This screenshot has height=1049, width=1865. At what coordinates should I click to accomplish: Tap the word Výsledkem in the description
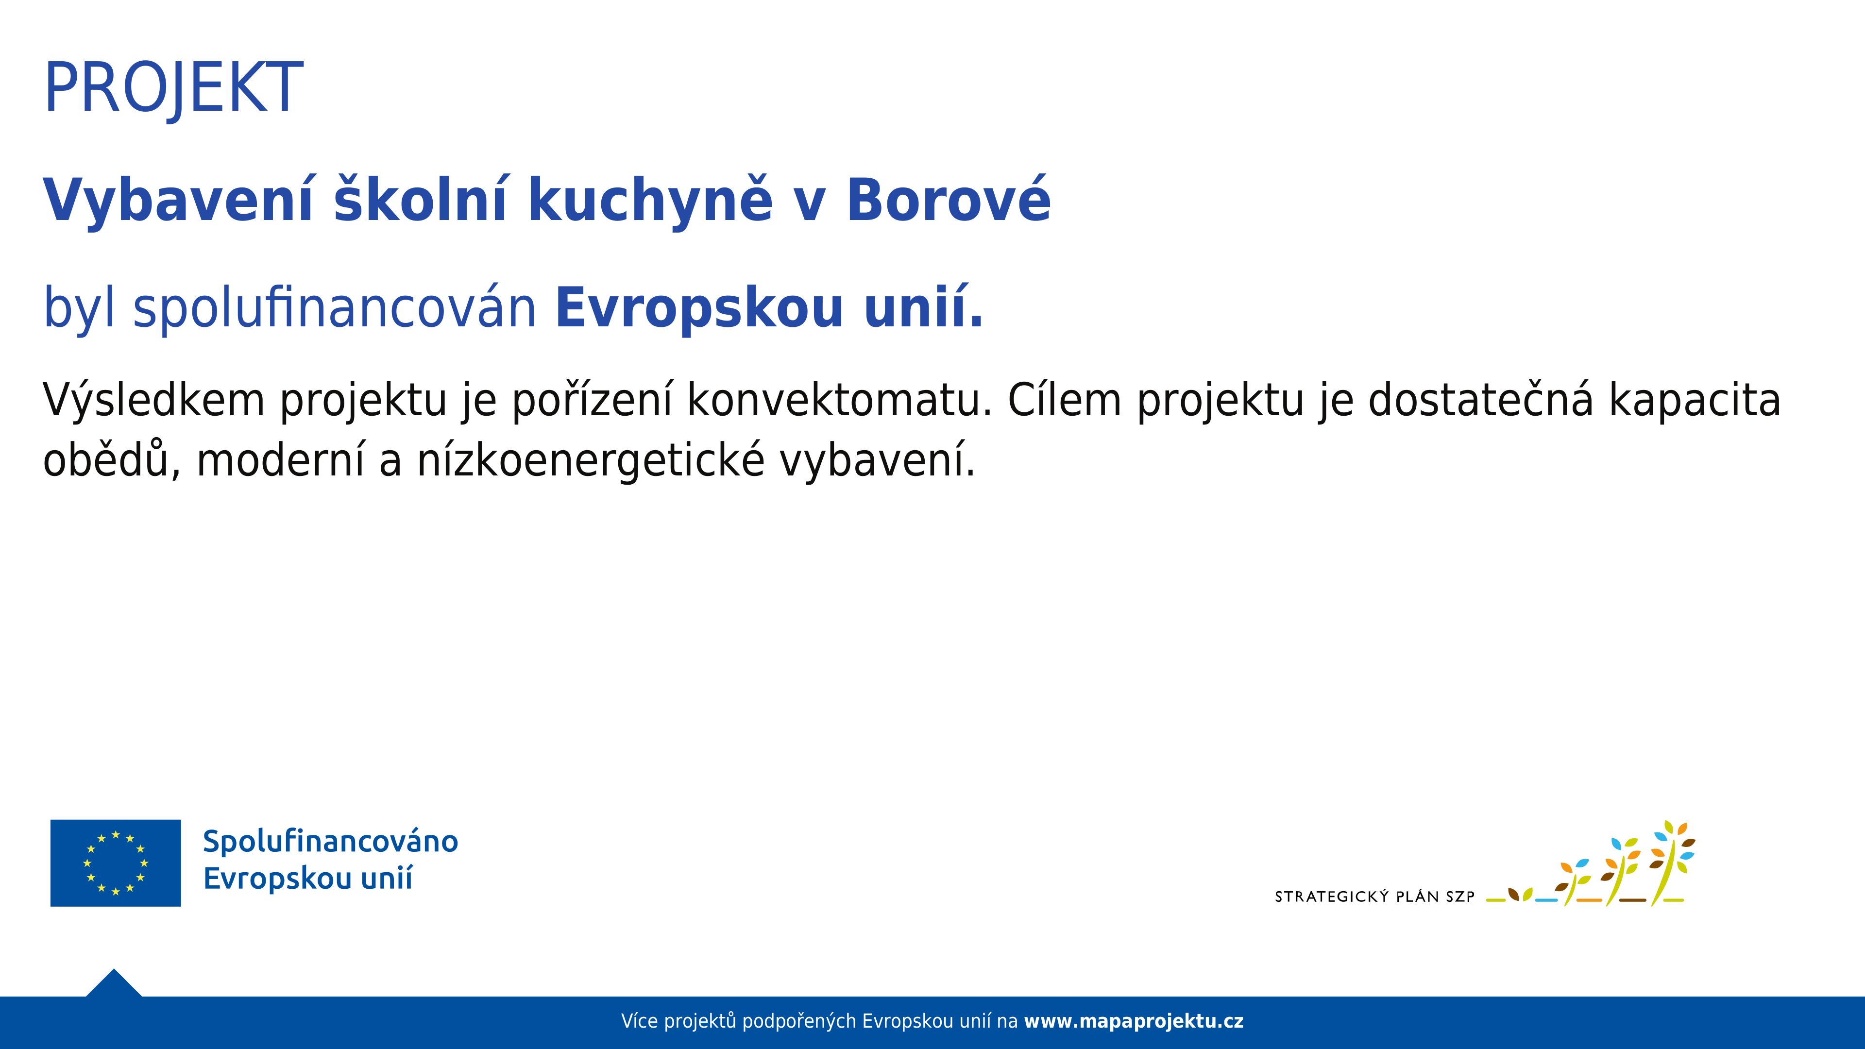click(x=153, y=400)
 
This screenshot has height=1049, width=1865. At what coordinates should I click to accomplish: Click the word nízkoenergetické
click(x=590, y=460)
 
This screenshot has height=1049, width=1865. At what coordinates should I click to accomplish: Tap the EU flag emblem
click(x=116, y=863)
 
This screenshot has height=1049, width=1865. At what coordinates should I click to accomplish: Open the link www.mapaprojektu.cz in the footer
click(x=1134, y=1021)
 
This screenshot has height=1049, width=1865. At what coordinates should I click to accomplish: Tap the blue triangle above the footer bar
click(x=114, y=983)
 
